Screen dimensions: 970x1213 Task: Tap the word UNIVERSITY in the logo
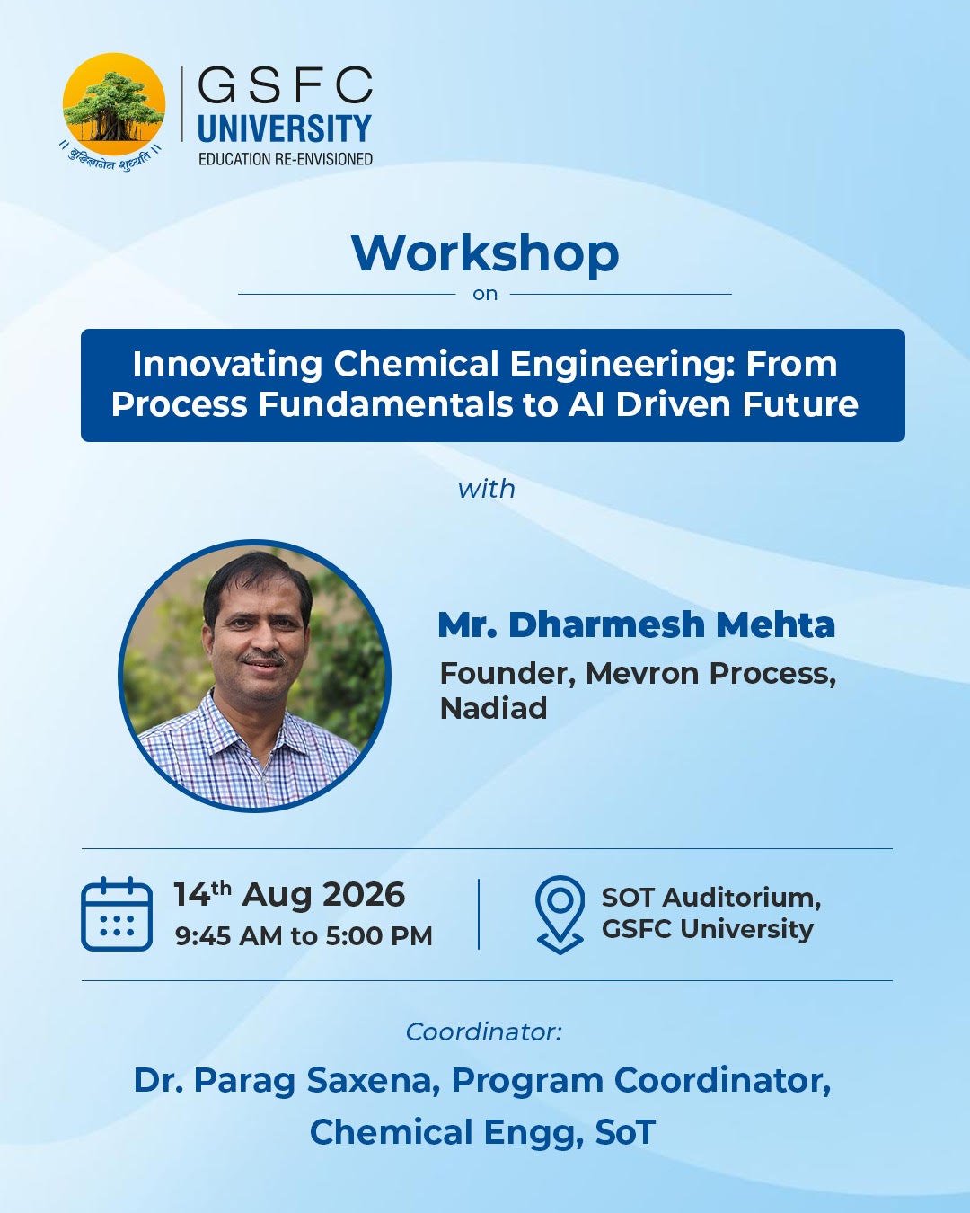(x=284, y=128)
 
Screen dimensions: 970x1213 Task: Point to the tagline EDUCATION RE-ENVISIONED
(x=286, y=159)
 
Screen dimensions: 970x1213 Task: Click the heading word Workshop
(x=485, y=254)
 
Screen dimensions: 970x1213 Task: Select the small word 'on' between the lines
(x=485, y=294)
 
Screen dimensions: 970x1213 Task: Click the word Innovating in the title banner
(x=227, y=364)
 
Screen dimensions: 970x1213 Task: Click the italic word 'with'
(x=487, y=489)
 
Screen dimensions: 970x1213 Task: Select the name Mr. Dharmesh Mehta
(x=636, y=624)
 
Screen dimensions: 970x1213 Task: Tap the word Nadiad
(x=493, y=708)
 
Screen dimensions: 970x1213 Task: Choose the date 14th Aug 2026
(x=290, y=894)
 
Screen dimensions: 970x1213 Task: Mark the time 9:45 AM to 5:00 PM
(x=304, y=936)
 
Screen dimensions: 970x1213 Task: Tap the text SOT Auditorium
(x=711, y=898)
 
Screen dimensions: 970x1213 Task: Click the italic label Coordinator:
(x=484, y=1032)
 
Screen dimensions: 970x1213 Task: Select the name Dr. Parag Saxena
(x=287, y=1082)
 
